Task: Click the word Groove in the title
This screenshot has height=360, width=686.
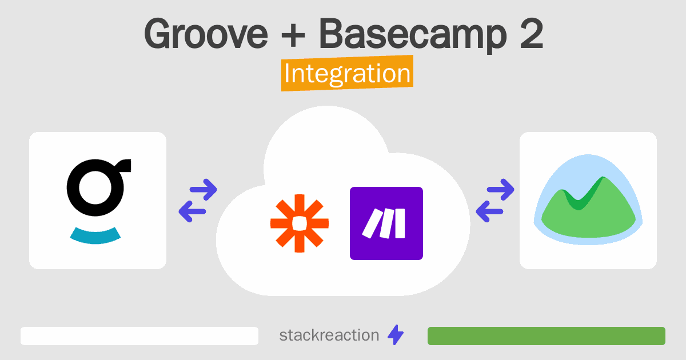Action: tap(206, 33)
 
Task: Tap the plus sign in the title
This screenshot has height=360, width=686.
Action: tap(293, 35)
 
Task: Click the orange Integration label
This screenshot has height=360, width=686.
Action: tap(348, 73)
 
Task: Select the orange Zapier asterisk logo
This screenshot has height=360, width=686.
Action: tap(300, 223)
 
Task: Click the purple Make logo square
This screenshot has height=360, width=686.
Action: tap(386, 223)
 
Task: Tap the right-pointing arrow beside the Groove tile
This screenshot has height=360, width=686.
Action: tap(204, 190)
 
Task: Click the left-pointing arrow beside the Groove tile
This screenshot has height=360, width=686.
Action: tap(192, 211)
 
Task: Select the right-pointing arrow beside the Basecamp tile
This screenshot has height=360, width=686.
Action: tap(500, 190)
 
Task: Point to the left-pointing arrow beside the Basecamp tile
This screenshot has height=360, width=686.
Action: tap(489, 211)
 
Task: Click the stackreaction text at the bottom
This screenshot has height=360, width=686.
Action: tap(329, 335)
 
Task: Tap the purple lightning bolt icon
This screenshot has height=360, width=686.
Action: tap(396, 335)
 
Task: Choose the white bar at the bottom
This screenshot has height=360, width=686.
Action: tap(139, 336)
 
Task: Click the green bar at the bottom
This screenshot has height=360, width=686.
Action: tap(547, 336)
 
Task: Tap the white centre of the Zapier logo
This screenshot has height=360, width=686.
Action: tap(300, 223)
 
